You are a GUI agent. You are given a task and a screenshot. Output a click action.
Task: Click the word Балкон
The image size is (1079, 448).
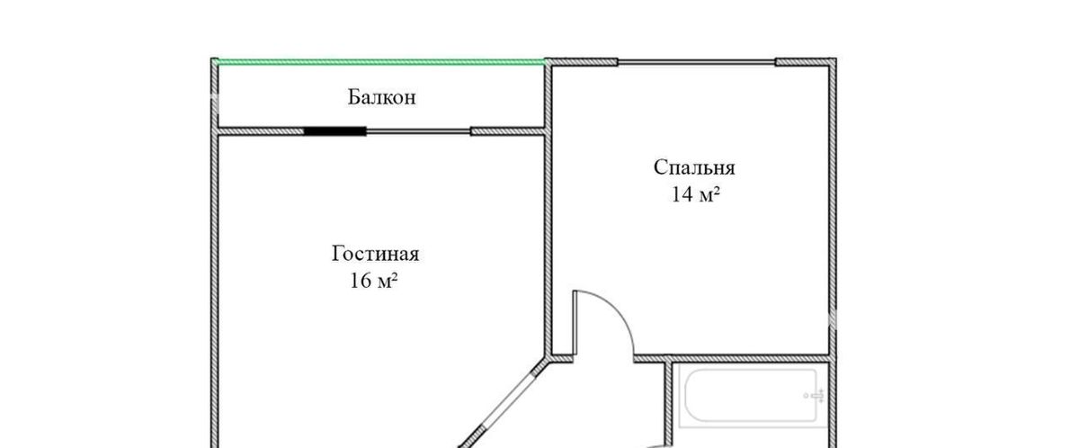click(381, 97)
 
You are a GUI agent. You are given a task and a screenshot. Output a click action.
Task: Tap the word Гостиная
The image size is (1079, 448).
click(375, 254)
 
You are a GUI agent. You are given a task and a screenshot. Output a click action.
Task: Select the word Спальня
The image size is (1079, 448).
click(694, 168)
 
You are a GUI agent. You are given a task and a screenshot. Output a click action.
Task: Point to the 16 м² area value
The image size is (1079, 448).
click(373, 281)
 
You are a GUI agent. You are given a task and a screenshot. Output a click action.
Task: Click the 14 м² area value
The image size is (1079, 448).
click(696, 194)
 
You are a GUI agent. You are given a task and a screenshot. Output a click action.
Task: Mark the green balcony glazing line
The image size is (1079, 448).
click(380, 62)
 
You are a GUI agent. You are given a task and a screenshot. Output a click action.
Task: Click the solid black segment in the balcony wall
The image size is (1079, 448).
click(334, 131)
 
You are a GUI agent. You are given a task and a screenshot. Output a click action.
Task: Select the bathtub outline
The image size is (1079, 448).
click(752, 396)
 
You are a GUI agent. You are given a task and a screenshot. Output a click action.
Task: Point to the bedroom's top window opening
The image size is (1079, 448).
click(697, 62)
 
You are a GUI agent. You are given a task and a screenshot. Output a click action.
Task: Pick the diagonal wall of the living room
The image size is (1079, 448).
click(501, 405)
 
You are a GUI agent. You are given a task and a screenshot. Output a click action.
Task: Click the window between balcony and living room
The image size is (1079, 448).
click(418, 131)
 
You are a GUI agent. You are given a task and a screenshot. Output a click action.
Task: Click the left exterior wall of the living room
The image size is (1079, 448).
click(215, 289)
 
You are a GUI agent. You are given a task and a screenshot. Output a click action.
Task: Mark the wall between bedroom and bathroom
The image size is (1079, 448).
click(732, 358)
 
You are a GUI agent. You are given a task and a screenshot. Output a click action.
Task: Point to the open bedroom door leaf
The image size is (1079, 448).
click(575, 323)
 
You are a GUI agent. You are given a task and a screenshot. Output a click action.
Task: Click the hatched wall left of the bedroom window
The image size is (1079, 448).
click(582, 62)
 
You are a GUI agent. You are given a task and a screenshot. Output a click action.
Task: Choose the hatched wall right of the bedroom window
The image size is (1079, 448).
click(806, 62)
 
